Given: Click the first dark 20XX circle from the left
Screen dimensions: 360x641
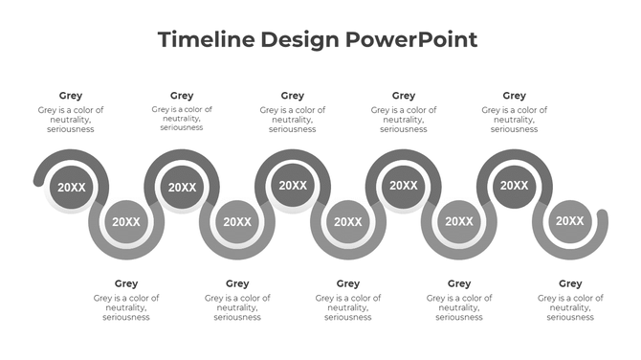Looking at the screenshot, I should click(x=71, y=188).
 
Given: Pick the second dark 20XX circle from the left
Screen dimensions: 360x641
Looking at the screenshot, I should click(x=182, y=188).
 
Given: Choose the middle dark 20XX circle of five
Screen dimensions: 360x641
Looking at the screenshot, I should click(x=293, y=186).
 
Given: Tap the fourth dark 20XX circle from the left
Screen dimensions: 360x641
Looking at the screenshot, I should click(x=404, y=186).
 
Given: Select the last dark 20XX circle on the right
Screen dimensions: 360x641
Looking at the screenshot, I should click(x=515, y=186).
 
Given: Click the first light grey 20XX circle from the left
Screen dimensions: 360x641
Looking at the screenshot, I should click(x=126, y=222).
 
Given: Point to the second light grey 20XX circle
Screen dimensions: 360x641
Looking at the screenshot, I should click(x=237, y=222).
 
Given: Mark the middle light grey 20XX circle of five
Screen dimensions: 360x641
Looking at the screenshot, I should click(x=348, y=222).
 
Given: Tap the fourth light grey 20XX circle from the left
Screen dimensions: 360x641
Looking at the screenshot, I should click(x=459, y=222).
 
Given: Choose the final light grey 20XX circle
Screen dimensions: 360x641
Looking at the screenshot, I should click(x=570, y=222).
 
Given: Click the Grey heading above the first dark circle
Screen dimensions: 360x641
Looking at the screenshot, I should click(x=71, y=96).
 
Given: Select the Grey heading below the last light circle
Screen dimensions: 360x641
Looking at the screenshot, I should click(x=570, y=283).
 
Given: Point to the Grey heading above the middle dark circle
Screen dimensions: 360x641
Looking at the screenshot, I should click(x=293, y=96).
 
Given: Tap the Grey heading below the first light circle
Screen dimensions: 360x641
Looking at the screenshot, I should click(x=126, y=283).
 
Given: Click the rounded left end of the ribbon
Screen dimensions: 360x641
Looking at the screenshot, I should click(x=38, y=179).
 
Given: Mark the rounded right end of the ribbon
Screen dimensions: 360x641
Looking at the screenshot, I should click(x=603, y=214).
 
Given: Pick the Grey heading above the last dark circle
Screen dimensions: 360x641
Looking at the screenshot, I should click(x=515, y=96).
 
